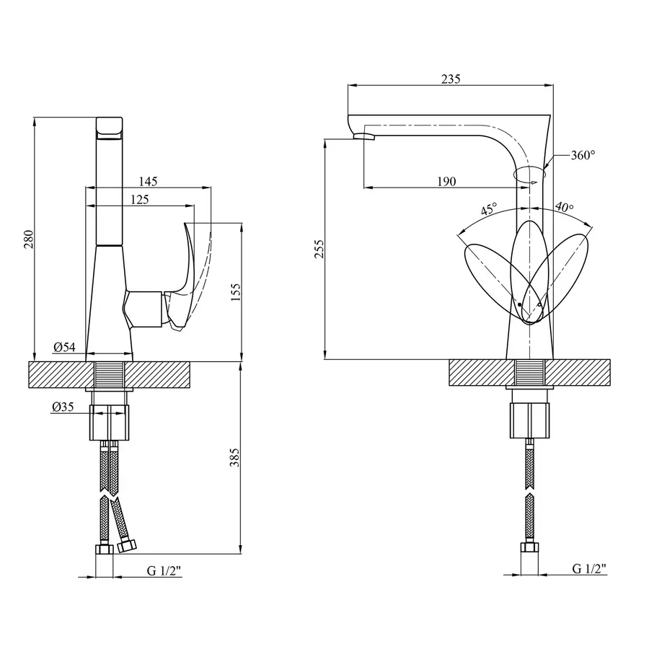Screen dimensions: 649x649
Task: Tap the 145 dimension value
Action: tap(146, 181)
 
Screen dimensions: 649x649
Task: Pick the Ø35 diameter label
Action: tap(64, 407)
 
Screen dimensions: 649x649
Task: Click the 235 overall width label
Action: tap(450, 79)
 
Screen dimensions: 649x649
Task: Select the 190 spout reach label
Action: tap(446, 182)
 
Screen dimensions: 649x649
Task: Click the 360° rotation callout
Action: tap(583, 155)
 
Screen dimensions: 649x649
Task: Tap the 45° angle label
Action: tap(489, 210)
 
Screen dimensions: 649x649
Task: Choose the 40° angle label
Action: tap(565, 208)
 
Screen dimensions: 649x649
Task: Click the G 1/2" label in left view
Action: tap(164, 571)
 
